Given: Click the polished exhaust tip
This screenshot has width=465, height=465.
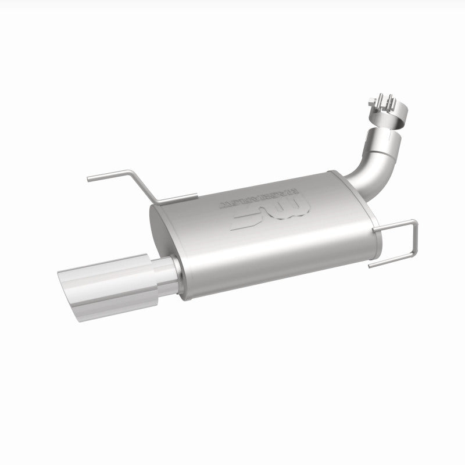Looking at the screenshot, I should coord(110,285).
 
